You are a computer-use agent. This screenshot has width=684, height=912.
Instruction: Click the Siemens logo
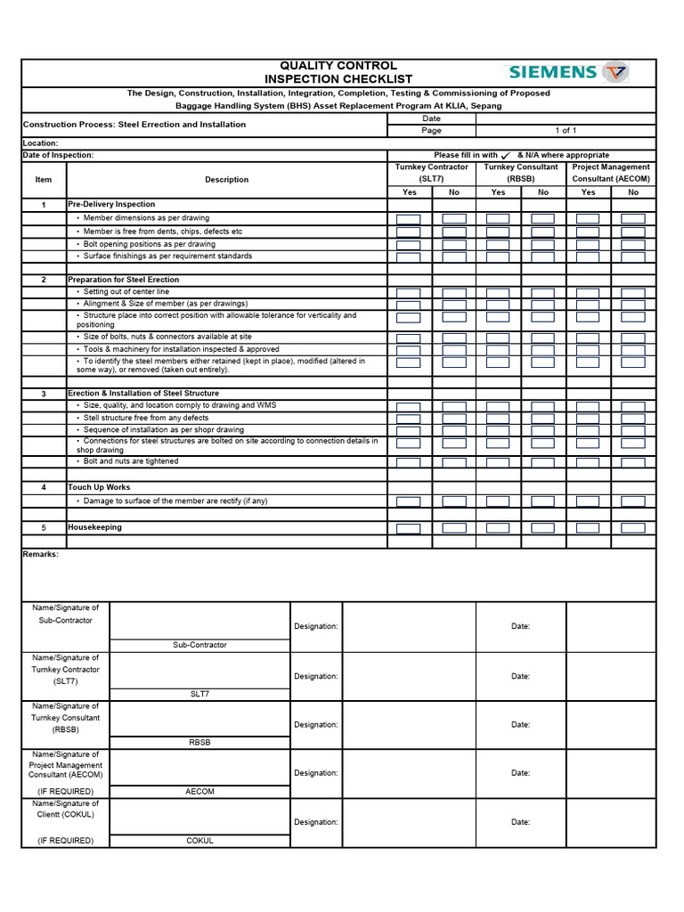[567, 72]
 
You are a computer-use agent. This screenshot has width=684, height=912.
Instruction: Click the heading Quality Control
[338, 66]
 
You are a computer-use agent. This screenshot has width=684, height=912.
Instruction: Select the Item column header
[44, 180]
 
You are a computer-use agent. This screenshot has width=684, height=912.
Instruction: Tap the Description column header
[227, 180]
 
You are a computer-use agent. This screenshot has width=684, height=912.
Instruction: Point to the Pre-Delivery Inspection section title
[111, 205]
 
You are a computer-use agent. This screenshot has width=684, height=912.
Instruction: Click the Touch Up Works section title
[99, 488]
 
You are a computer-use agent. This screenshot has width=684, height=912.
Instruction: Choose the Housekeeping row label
[95, 527]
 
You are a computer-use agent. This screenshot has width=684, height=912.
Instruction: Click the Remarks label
[41, 554]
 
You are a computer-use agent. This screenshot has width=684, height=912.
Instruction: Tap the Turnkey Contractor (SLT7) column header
[431, 173]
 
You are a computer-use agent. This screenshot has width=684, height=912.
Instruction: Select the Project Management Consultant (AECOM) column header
[611, 173]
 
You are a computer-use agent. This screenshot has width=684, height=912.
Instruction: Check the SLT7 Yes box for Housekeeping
[409, 528]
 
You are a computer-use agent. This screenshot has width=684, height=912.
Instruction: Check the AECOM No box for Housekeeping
[633, 528]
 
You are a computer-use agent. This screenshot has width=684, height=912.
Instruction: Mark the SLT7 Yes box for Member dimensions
[409, 218]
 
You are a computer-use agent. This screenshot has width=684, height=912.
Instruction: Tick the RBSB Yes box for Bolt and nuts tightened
[498, 462]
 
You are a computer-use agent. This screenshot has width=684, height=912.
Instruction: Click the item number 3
[44, 394]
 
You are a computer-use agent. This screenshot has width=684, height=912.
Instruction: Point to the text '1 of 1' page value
[566, 130]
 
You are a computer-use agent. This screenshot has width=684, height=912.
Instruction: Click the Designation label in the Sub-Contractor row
[316, 626]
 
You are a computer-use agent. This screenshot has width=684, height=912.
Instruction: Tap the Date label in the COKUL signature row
[521, 822]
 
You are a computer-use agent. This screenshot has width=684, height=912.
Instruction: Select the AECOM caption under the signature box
[199, 792]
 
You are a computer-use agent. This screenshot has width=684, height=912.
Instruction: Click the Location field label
[41, 142]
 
